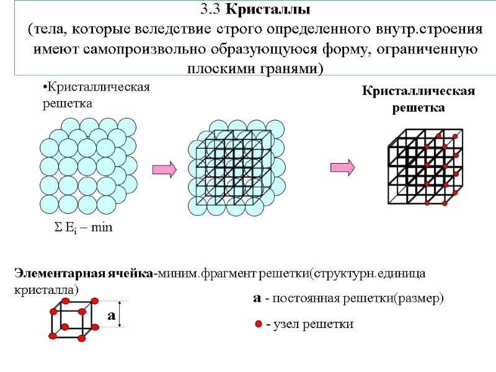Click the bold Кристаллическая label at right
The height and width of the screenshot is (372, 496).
click(x=418, y=92)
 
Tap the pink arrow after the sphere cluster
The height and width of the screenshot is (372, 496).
click(x=163, y=168)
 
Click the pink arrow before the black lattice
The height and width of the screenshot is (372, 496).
click(x=342, y=168)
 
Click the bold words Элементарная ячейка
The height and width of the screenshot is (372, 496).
click(x=83, y=273)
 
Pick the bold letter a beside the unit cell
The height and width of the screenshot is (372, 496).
click(x=112, y=315)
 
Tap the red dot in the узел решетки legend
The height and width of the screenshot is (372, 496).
click(x=258, y=324)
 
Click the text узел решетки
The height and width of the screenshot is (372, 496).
click(x=309, y=324)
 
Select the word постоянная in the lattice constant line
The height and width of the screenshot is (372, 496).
click(x=306, y=298)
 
